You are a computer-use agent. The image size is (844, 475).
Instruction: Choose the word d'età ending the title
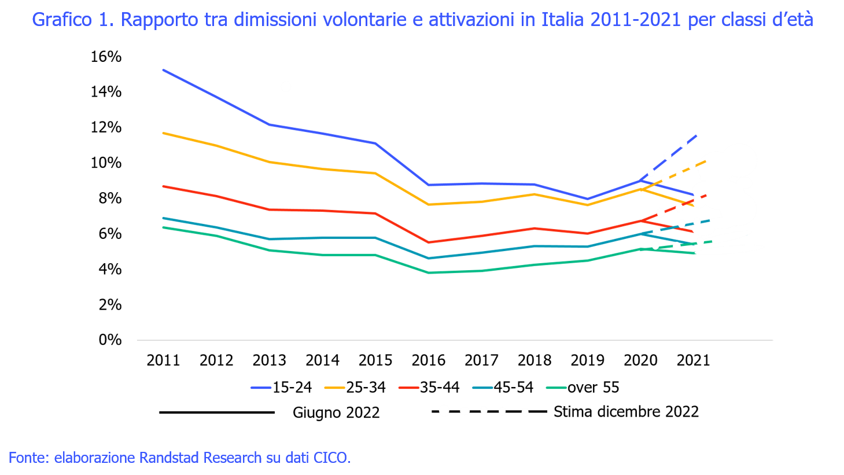(795, 20)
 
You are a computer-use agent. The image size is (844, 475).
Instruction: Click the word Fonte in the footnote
(27, 458)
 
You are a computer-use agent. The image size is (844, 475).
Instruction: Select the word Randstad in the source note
(167, 458)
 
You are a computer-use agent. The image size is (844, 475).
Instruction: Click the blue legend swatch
(261, 388)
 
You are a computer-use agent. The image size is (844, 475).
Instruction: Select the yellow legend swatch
(334, 388)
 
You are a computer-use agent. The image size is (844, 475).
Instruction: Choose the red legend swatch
(408, 388)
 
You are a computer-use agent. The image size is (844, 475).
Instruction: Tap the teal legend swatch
(482, 388)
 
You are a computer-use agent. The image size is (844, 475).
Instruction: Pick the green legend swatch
(556, 388)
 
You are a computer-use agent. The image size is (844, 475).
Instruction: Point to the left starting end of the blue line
(164, 70)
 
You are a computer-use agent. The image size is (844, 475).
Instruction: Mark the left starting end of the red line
(164, 186)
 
